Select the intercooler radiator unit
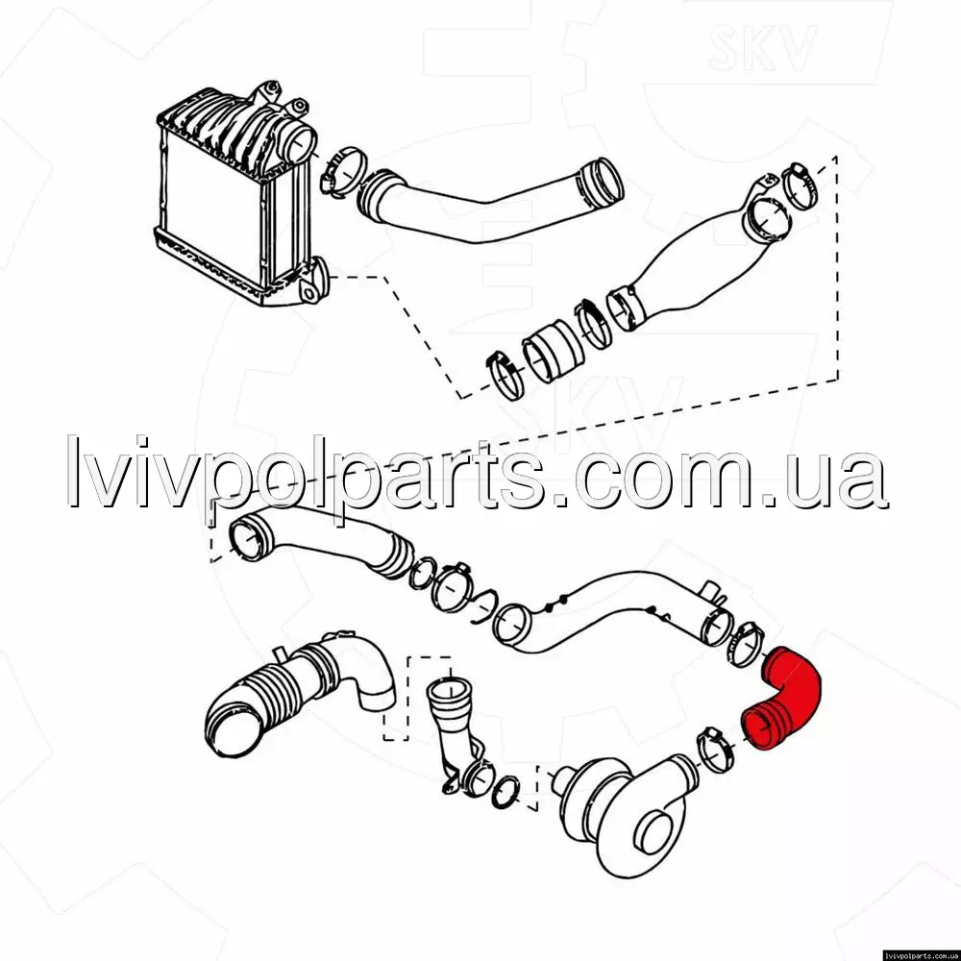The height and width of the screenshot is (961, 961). tap(239, 196)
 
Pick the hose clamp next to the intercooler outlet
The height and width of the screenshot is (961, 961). tap(342, 172)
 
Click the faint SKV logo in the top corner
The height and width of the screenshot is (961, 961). tap(762, 46)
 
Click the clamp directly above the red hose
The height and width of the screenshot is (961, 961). tap(744, 643)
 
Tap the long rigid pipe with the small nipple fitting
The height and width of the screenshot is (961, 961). tap(613, 613)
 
